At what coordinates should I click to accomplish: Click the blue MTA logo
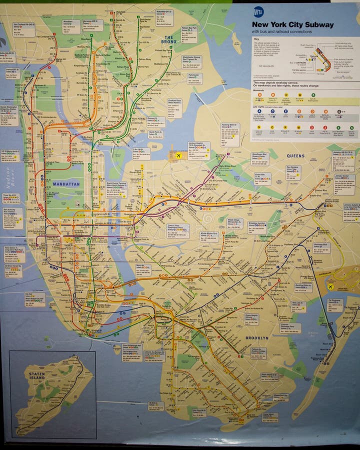coord(258,11)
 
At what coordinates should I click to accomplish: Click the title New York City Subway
coord(292,24)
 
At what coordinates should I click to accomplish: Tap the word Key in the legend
coord(256,39)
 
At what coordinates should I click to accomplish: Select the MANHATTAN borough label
coord(66,184)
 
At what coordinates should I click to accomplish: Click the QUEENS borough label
coord(295,156)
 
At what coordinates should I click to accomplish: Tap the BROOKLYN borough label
coord(256,338)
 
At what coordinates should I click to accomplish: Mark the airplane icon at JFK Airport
coord(330,286)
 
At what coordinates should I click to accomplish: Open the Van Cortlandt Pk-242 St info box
coord(23,29)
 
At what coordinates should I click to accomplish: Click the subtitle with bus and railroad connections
coord(281,32)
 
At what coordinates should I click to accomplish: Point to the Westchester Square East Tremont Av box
coord(191,61)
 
